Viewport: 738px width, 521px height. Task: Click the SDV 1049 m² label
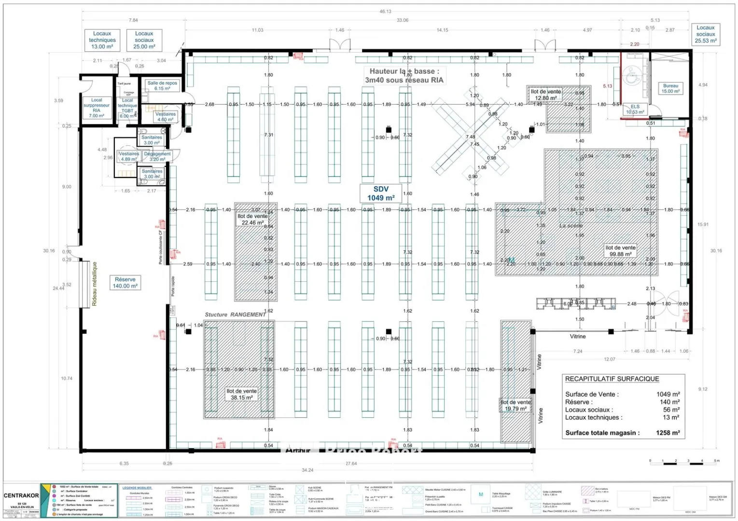(x=381, y=193)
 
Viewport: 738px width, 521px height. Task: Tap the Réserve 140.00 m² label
(x=125, y=283)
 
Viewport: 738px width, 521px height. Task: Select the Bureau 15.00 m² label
(x=670, y=88)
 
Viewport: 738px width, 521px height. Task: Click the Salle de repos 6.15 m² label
(x=162, y=85)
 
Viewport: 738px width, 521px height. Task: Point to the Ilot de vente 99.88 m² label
(x=620, y=251)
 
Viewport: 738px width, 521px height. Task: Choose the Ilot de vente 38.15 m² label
(x=241, y=394)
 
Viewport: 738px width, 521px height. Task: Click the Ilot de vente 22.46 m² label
(x=252, y=219)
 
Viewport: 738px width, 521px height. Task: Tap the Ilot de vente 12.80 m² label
(x=545, y=95)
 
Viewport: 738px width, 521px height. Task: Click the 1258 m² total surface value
(x=668, y=433)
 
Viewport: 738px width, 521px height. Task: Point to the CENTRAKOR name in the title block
(x=21, y=495)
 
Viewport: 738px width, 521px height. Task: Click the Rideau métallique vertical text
(x=95, y=284)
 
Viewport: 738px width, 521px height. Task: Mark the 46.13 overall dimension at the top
(x=385, y=12)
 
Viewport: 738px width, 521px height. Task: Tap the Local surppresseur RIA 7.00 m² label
(x=97, y=108)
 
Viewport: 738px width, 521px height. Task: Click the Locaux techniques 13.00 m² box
(x=102, y=40)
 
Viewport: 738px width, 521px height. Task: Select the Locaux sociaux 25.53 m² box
(x=705, y=34)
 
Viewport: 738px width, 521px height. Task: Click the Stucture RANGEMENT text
(x=235, y=315)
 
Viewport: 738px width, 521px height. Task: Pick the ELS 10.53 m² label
(x=635, y=110)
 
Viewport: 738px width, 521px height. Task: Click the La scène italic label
(x=571, y=226)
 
